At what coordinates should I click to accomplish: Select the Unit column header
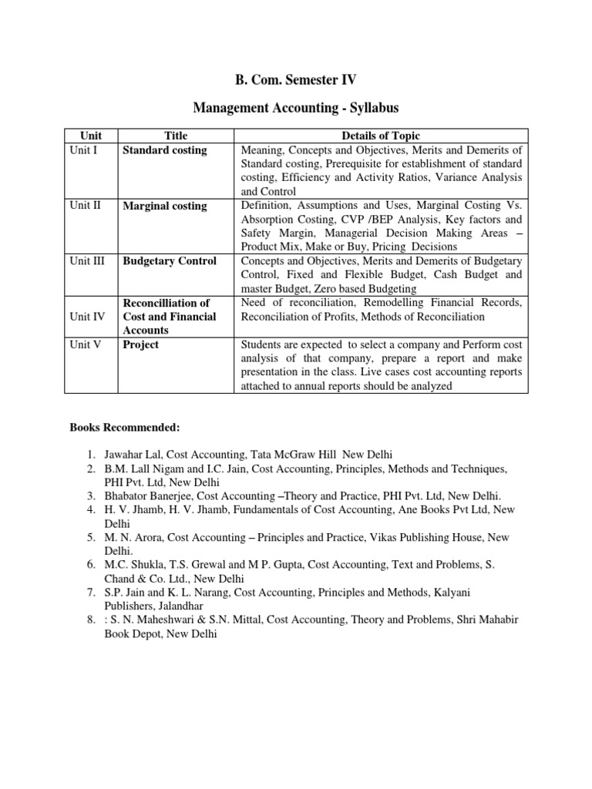[x=91, y=136]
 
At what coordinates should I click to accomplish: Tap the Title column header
[x=176, y=136]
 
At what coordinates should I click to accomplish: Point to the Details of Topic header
[x=382, y=136]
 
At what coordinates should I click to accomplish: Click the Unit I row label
[x=83, y=150]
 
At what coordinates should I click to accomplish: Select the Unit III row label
[x=86, y=261]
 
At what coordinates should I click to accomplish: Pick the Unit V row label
[x=85, y=344]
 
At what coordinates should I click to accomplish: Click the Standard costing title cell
[x=165, y=150]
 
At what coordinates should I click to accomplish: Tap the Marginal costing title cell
[x=165, y=206]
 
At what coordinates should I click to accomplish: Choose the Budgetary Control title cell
[x=170, y=261]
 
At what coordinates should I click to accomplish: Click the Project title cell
[x=141, y=344]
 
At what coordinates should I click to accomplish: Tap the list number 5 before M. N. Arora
[x=91, y=538]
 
